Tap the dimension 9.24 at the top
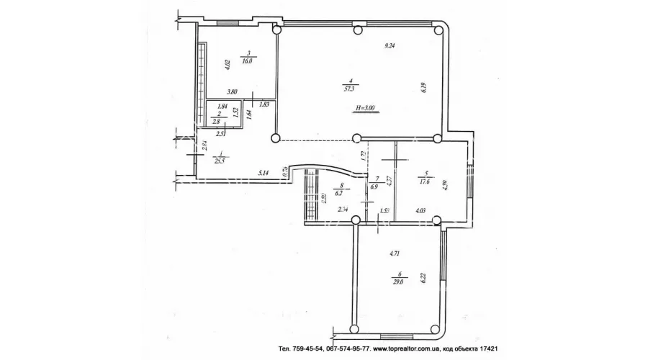point(390,46)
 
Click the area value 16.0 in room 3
point(248,61)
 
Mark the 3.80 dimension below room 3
point(232,91)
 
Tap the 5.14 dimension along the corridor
point(264,173)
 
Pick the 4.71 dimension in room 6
point(395,253)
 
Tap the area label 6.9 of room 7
point(373,186)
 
